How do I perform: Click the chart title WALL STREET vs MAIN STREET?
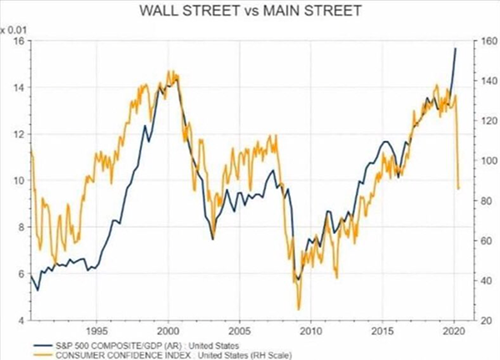coord(249,12)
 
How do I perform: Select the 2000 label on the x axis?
coord(167,328)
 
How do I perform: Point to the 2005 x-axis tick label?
coord(239,328)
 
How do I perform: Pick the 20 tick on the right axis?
coord(480,319)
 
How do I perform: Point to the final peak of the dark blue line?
coord(455,48)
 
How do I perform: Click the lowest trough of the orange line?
coord(298,309)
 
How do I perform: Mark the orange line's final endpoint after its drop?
coord(459,188)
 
